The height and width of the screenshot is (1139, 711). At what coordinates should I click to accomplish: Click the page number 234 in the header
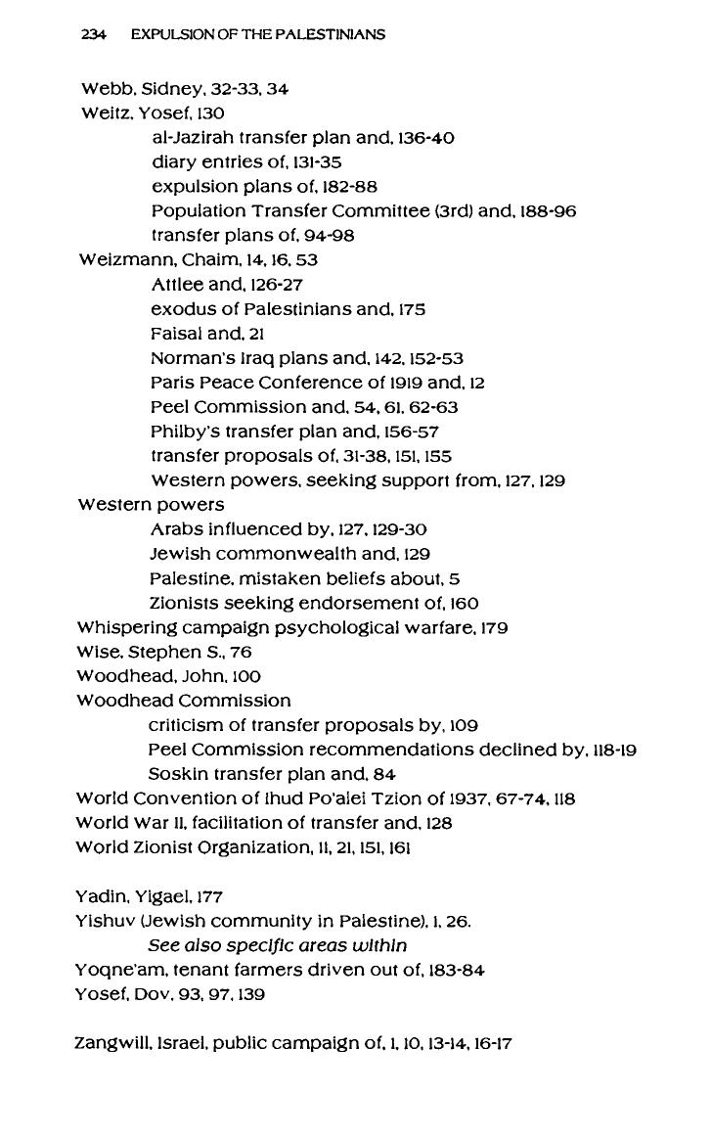click(93, 34)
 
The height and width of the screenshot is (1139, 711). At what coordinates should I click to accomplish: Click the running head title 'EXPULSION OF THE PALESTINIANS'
click(257, 34)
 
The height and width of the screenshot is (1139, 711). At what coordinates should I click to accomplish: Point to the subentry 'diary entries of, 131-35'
click(245, 162)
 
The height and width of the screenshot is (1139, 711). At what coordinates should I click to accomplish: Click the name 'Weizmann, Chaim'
click(149, 260)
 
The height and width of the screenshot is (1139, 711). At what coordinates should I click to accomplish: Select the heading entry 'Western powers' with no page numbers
click(151, 505)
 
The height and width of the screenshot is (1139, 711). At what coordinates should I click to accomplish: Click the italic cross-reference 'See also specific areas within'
click(277, 945)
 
